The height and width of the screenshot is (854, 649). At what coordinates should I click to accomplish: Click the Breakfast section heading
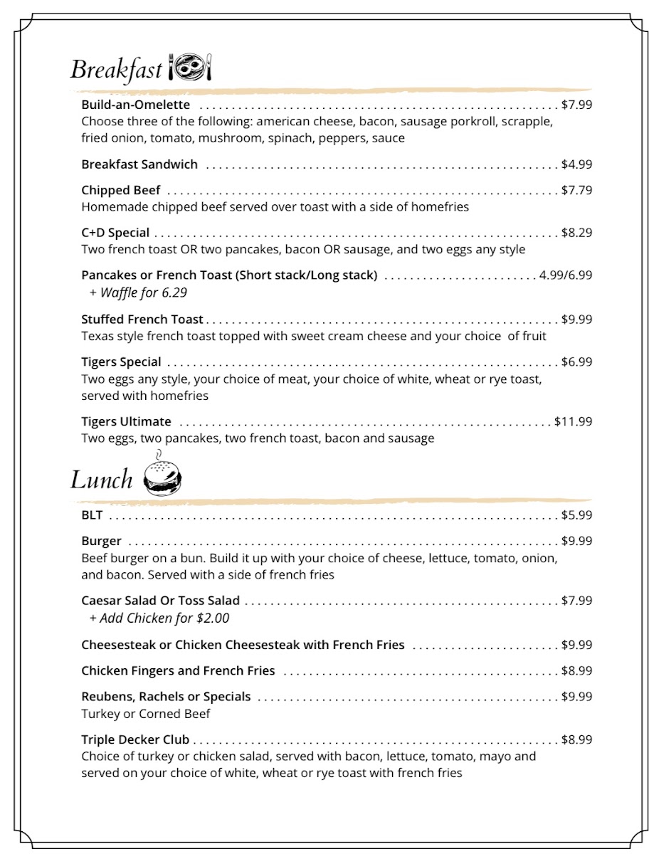(x=116, y=70)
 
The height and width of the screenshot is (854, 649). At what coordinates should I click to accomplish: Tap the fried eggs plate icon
(x=190, y=68)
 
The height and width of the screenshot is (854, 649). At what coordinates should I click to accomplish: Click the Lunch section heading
(x=101, y=480)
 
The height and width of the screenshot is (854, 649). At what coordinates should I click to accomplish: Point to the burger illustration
(x=162, y=476)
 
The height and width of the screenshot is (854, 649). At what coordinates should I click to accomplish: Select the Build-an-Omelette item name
(x=135, y=105)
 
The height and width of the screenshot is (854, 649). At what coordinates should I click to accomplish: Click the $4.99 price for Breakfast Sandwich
(x=576, y=164)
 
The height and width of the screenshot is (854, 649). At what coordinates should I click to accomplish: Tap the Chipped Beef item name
(x=121, y=190)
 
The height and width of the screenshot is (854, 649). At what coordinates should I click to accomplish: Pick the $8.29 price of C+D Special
(x=576, y=233)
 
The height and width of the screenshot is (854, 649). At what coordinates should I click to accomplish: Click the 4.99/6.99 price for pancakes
(x=566, y=275)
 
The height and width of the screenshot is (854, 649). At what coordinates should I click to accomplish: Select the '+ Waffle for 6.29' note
(x=138, y=292)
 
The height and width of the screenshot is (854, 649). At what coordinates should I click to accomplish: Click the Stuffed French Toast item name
(x=142, y=320)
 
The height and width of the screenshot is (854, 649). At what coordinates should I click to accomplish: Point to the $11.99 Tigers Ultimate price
(x=573, y=421)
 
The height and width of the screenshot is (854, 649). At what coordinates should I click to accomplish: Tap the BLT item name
(x=93, y=515)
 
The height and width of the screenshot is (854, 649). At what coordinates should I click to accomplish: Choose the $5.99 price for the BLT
(x=576, y=515)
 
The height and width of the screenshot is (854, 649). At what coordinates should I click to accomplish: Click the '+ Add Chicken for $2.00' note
(x=159, y=618)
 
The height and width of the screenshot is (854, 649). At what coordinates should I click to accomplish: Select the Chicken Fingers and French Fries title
(x=178, y=670)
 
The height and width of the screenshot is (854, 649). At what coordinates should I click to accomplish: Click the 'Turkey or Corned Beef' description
(x=146, y=714)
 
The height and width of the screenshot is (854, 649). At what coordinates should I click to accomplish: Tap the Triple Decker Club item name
(x=135, y=739)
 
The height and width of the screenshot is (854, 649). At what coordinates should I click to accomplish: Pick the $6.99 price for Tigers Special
(x=576, y=362)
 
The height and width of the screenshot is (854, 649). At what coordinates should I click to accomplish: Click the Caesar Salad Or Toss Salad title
(x=160, y=601)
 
